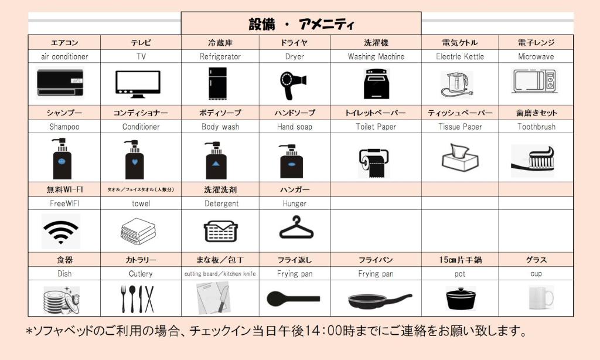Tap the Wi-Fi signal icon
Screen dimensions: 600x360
coord(61,232)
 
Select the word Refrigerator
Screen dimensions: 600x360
coord(220,57)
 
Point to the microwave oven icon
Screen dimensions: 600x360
coord(534,81)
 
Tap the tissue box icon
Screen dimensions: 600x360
coord(460,157)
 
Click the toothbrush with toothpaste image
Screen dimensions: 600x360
coord(533,159)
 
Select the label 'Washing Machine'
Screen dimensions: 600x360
coord(376,57)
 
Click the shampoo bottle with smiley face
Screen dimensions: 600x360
coord(62,159)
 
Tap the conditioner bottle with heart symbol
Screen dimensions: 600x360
coord(134,159)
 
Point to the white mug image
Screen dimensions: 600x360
coord(541,298)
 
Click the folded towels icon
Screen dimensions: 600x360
coord(138,232)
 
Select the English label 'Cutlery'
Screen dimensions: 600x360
coord(141,274)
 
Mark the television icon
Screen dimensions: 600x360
coord(138,84)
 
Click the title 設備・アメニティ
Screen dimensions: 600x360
coord(301,24)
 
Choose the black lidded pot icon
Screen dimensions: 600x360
coord(461,298)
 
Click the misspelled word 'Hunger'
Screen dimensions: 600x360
coord(294,203)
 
